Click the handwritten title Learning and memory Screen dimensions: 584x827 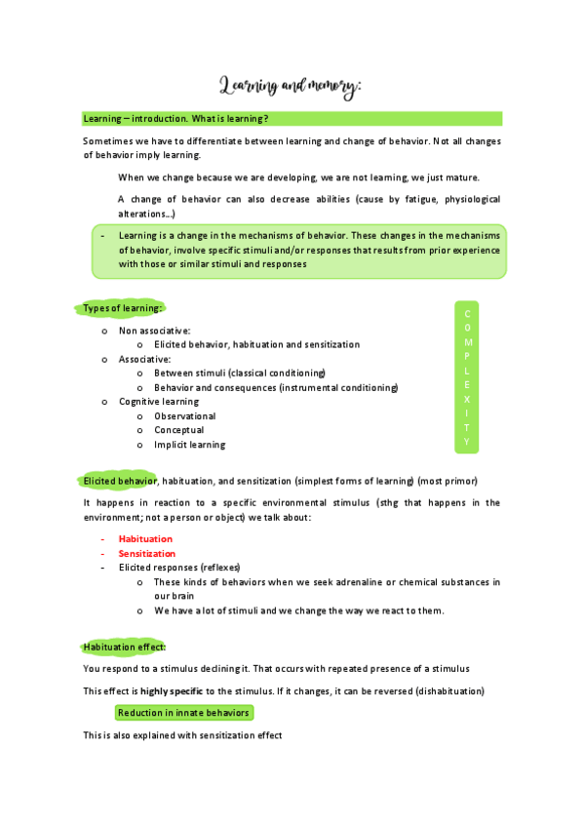[291, 87]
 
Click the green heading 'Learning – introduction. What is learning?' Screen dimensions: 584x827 [176, 119]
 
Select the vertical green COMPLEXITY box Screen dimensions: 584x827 [467, 377]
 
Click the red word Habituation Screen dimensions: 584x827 [145, 538]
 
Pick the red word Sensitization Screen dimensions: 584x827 [147, 553]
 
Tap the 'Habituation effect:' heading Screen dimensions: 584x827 [125, 647]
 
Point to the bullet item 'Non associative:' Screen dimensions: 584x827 [154, 331]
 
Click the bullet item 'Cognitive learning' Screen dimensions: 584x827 [158, 401]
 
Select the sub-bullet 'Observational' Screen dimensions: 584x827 [184, 415]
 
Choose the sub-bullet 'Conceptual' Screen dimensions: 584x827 [178, 430]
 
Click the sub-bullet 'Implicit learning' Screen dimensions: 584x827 [189, 445]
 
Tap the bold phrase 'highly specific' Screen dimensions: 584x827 [172, 690]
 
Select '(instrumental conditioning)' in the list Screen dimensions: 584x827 [338, 387]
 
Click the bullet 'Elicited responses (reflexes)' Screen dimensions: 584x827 [179, 567]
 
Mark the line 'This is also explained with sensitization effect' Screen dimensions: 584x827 [182, 735]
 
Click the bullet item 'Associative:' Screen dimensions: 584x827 [144, 359]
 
